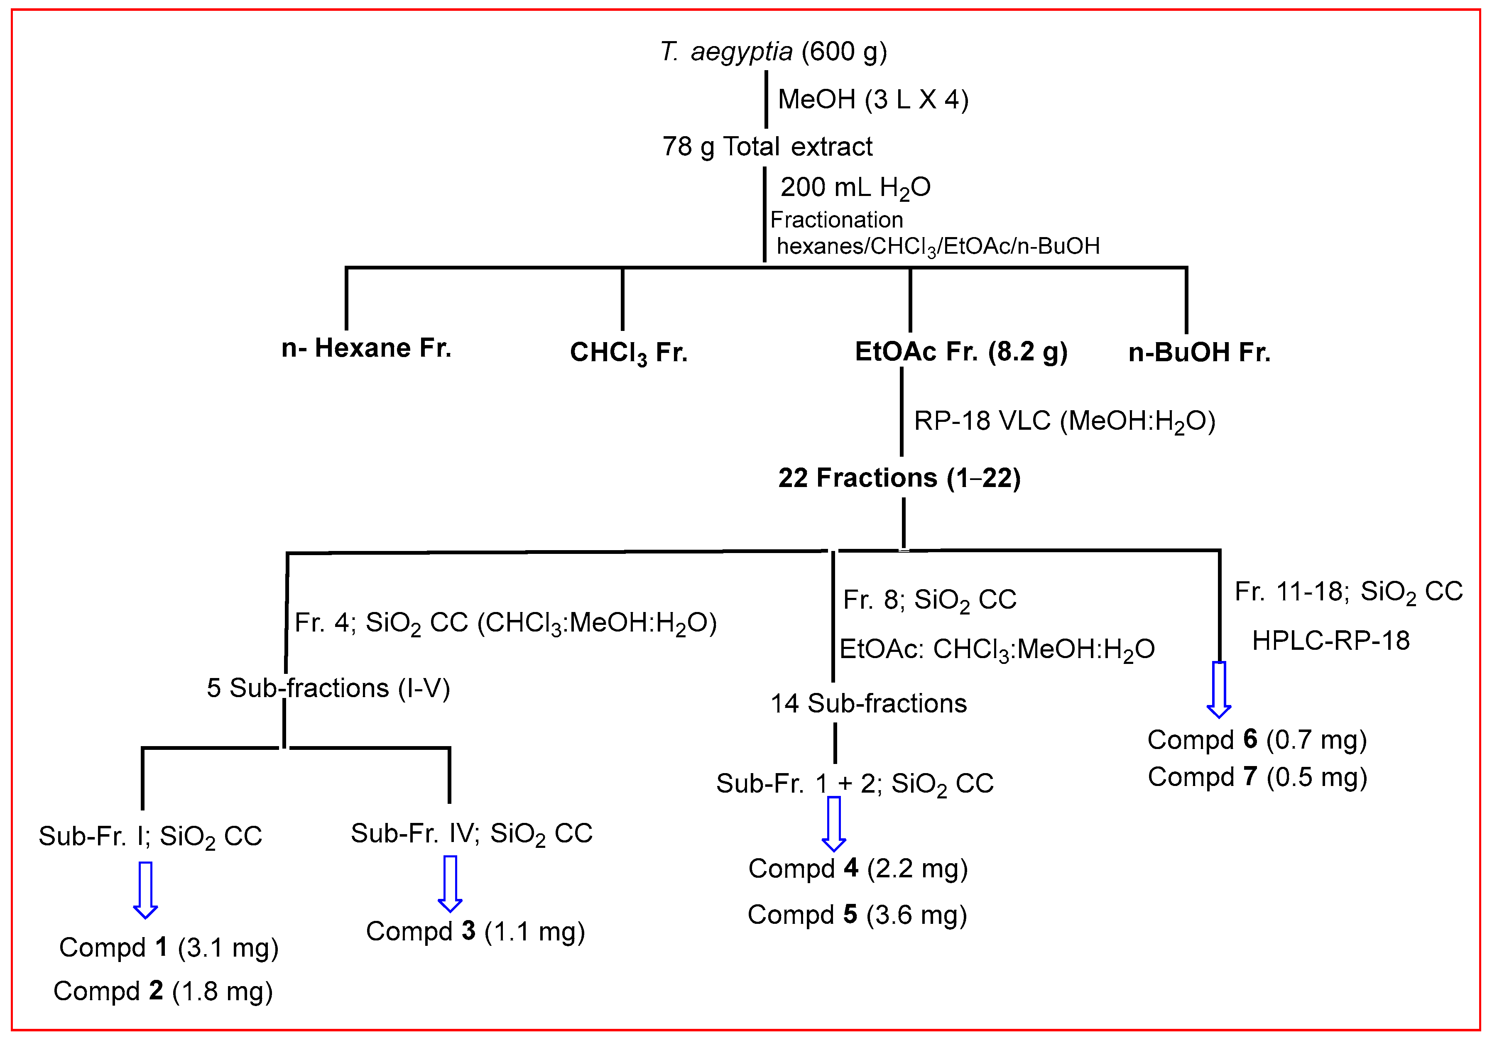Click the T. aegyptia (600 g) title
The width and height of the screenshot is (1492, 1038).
pos(773,51)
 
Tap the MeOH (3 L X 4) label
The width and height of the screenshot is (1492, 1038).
pos(873,99)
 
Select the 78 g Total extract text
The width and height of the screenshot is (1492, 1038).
pos(767,147)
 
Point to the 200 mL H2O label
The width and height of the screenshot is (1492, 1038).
pos(855,188)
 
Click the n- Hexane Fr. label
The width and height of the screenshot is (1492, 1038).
pos(366,348)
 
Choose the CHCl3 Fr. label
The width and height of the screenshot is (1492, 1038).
pos(628,353)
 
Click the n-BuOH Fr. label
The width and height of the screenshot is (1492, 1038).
pos(1199,352)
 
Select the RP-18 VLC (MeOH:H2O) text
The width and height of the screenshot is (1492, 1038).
pos(1064,421)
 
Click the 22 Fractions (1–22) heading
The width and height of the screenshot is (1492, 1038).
pos(899,478)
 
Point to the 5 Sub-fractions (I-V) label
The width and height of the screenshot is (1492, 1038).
pos(328,688)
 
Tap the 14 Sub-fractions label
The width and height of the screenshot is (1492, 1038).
pos(868,703)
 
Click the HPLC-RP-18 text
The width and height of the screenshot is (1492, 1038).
pos(1330,641)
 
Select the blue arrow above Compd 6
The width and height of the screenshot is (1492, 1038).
pos(1218,688)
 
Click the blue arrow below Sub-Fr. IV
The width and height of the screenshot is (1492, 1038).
pos(450,884)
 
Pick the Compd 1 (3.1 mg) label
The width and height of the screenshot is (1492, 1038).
pos(168,948)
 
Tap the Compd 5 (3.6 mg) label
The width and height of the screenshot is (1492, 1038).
pos(857,915)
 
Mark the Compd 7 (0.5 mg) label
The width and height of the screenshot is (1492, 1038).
pos(1257,777)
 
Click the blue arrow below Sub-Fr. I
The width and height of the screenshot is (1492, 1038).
pos(145,890)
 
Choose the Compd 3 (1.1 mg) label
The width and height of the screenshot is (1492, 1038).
pos(475,931)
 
